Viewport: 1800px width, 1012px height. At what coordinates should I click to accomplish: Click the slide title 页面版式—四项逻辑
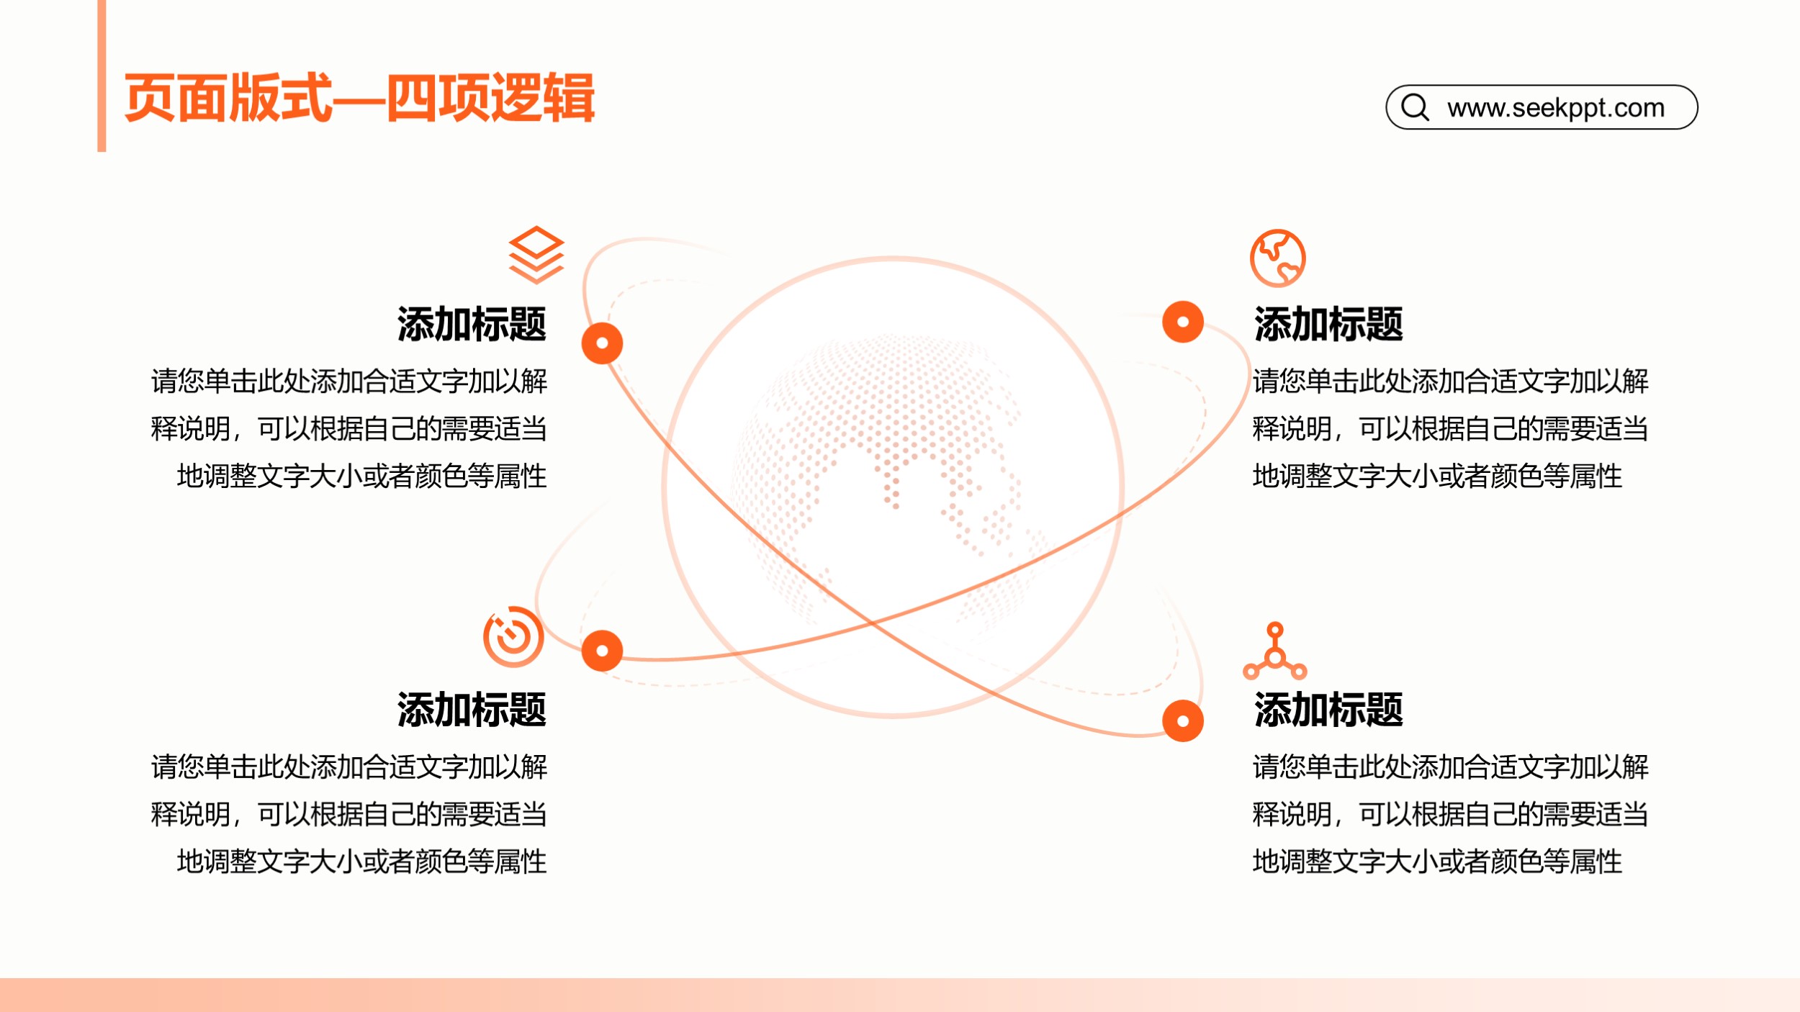[359, 98]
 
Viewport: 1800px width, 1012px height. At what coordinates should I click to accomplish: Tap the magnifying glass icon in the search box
[1416, 107]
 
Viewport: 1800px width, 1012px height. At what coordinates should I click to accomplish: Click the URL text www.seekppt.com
[1556, 108]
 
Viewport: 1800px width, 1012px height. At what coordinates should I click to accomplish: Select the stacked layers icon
[536, 255]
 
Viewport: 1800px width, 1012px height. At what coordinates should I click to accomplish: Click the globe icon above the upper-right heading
[1278, 258]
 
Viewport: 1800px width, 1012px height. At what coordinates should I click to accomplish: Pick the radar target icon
[513, 636]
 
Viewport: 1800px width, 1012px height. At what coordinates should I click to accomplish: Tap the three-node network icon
[1275, 651]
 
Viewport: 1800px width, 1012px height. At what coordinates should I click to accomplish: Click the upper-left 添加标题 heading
[472, 324]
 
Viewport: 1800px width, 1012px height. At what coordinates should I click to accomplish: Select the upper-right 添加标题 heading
[1328, 324]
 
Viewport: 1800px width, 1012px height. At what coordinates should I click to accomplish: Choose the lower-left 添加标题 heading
[472, 710]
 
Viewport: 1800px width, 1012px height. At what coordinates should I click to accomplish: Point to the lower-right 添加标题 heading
[1328, 710]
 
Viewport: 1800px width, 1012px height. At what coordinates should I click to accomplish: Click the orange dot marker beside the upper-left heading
[603, 343]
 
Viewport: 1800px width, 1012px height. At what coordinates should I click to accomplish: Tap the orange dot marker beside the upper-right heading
[1183, 322]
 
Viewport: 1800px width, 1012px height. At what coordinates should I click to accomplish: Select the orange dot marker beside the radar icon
[603, 651]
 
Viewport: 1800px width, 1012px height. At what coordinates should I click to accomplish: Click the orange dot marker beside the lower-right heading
[1183, 720]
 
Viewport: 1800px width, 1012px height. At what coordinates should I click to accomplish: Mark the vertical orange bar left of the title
[102, 76]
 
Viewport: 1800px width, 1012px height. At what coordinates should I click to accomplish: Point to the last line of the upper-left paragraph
[362, 476]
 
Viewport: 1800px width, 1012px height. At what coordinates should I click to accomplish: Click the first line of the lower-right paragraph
[1451, 767]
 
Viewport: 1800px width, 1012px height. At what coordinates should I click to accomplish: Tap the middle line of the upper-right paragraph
[1451, 428]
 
